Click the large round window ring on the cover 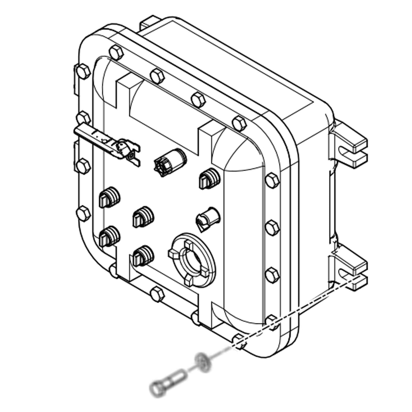point(192,260)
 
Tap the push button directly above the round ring point(207,218)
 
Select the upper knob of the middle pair point(143,216)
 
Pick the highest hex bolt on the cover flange point(115,52)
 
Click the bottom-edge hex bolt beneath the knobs point(157,295)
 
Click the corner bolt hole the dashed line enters point(238,341)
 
